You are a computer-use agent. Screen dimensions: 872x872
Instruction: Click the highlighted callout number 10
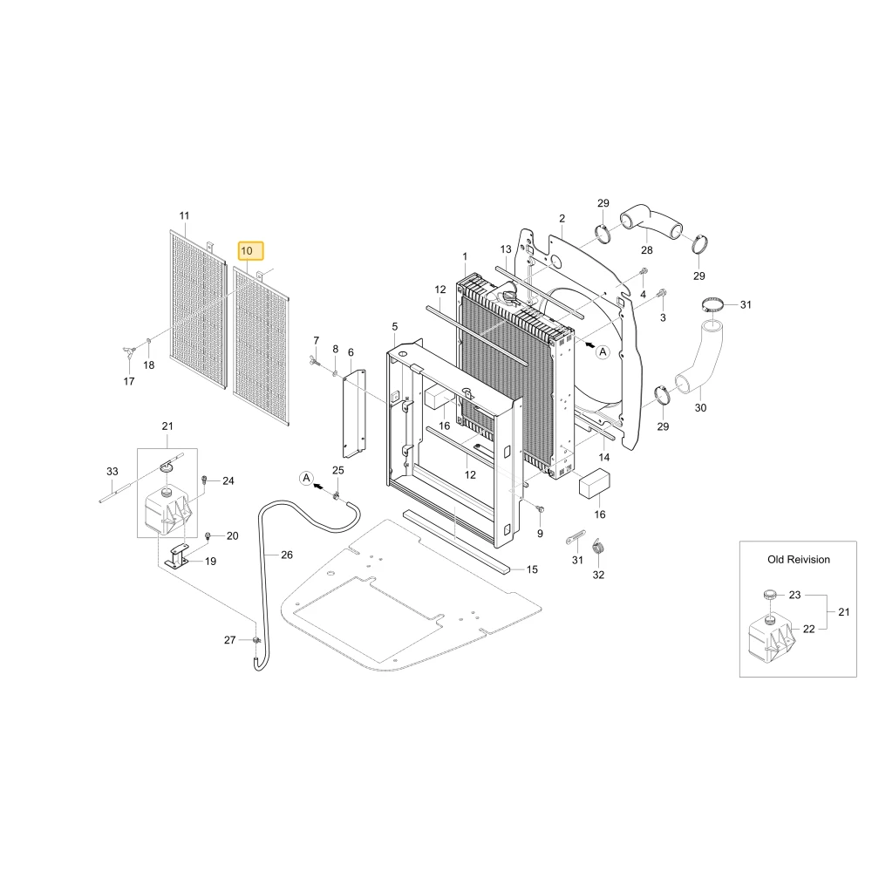click(247, 251)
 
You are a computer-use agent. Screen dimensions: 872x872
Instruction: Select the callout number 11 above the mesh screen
click(184, 215)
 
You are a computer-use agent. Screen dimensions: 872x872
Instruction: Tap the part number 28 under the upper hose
click(647, 250)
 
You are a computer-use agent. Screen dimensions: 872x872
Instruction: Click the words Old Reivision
click(799, 560)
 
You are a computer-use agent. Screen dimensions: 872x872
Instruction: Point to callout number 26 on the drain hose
click(286, 555)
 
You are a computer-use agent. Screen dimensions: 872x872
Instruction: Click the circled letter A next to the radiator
click(603, 352)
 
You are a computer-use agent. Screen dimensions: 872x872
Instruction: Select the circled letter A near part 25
click(306, 478)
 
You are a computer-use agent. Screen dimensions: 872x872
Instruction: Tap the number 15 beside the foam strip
click(532, 569)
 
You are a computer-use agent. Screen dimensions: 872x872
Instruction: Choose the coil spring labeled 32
click(598, 548)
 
